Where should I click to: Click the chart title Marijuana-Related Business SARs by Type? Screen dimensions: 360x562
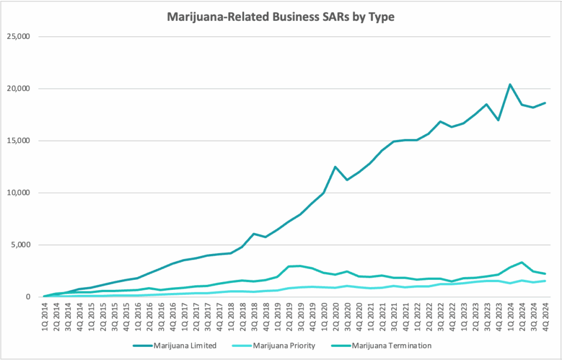point(280,17)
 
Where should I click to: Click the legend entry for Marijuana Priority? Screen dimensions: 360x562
point(284,346)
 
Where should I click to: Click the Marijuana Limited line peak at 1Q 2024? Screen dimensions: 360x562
point(509,85)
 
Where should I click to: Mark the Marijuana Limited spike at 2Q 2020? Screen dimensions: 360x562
point(335,167)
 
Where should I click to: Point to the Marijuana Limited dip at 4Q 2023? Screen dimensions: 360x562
point(498,120)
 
